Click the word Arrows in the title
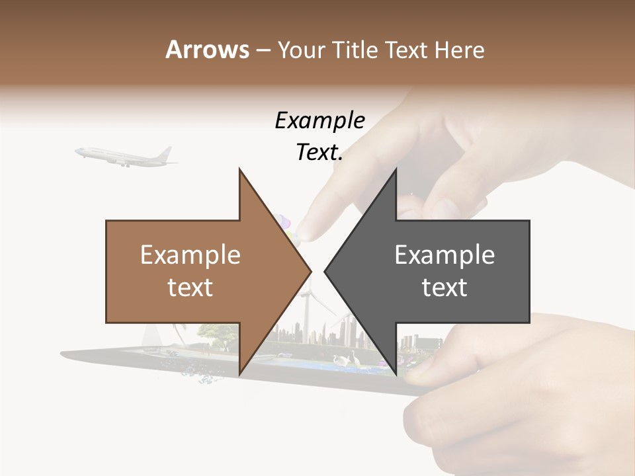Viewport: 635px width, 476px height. (208, 50)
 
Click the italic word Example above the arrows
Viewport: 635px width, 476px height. (319, 121)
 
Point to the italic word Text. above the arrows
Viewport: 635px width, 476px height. (319, 153)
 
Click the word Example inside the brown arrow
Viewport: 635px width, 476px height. (190, 255)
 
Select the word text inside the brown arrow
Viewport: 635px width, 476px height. (190, 288)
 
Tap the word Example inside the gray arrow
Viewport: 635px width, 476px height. (444, 255)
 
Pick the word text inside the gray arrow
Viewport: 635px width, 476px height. (444, 288)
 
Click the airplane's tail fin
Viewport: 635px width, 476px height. (165, 153)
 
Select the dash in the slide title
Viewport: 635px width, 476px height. (263, 50)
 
